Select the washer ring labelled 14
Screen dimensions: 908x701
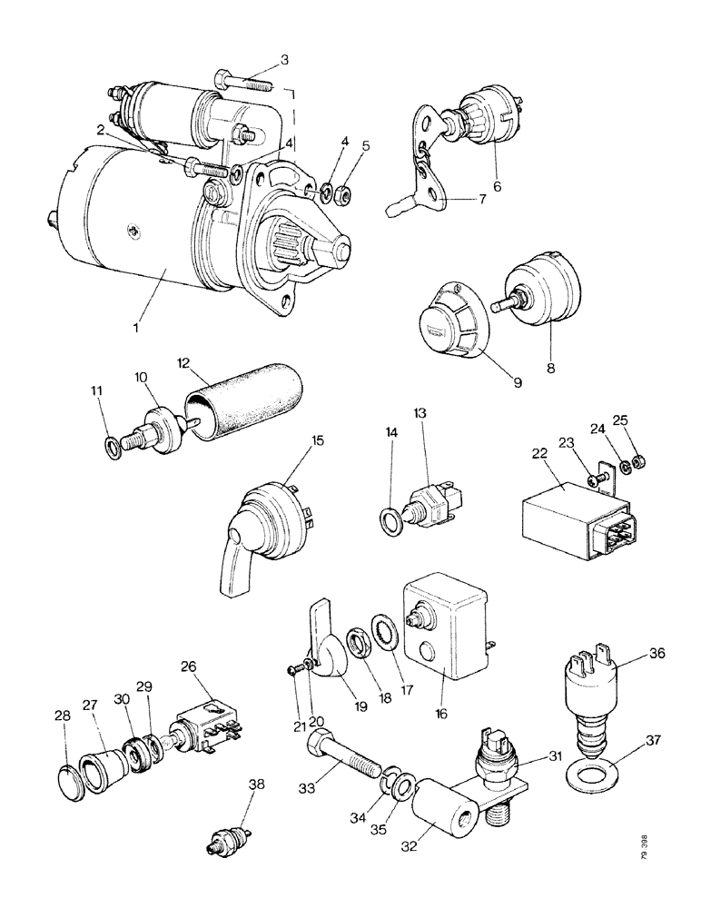tap(390, 521)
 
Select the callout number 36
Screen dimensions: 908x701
tap(657, 652)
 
